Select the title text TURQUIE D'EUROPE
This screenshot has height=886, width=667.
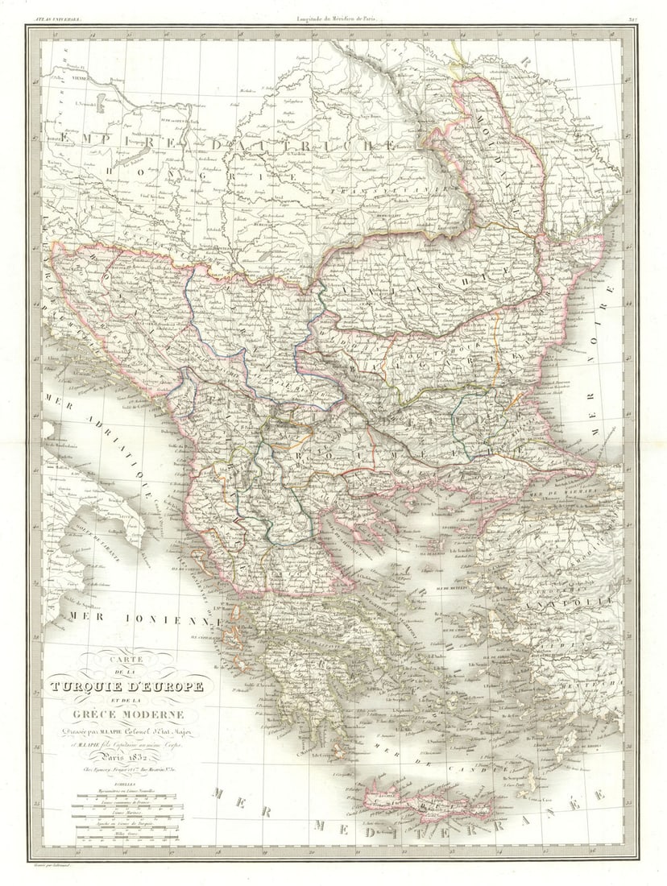point(126,687)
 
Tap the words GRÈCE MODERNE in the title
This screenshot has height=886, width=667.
point(126,714)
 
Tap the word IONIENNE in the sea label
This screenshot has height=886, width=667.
point(181,619)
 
